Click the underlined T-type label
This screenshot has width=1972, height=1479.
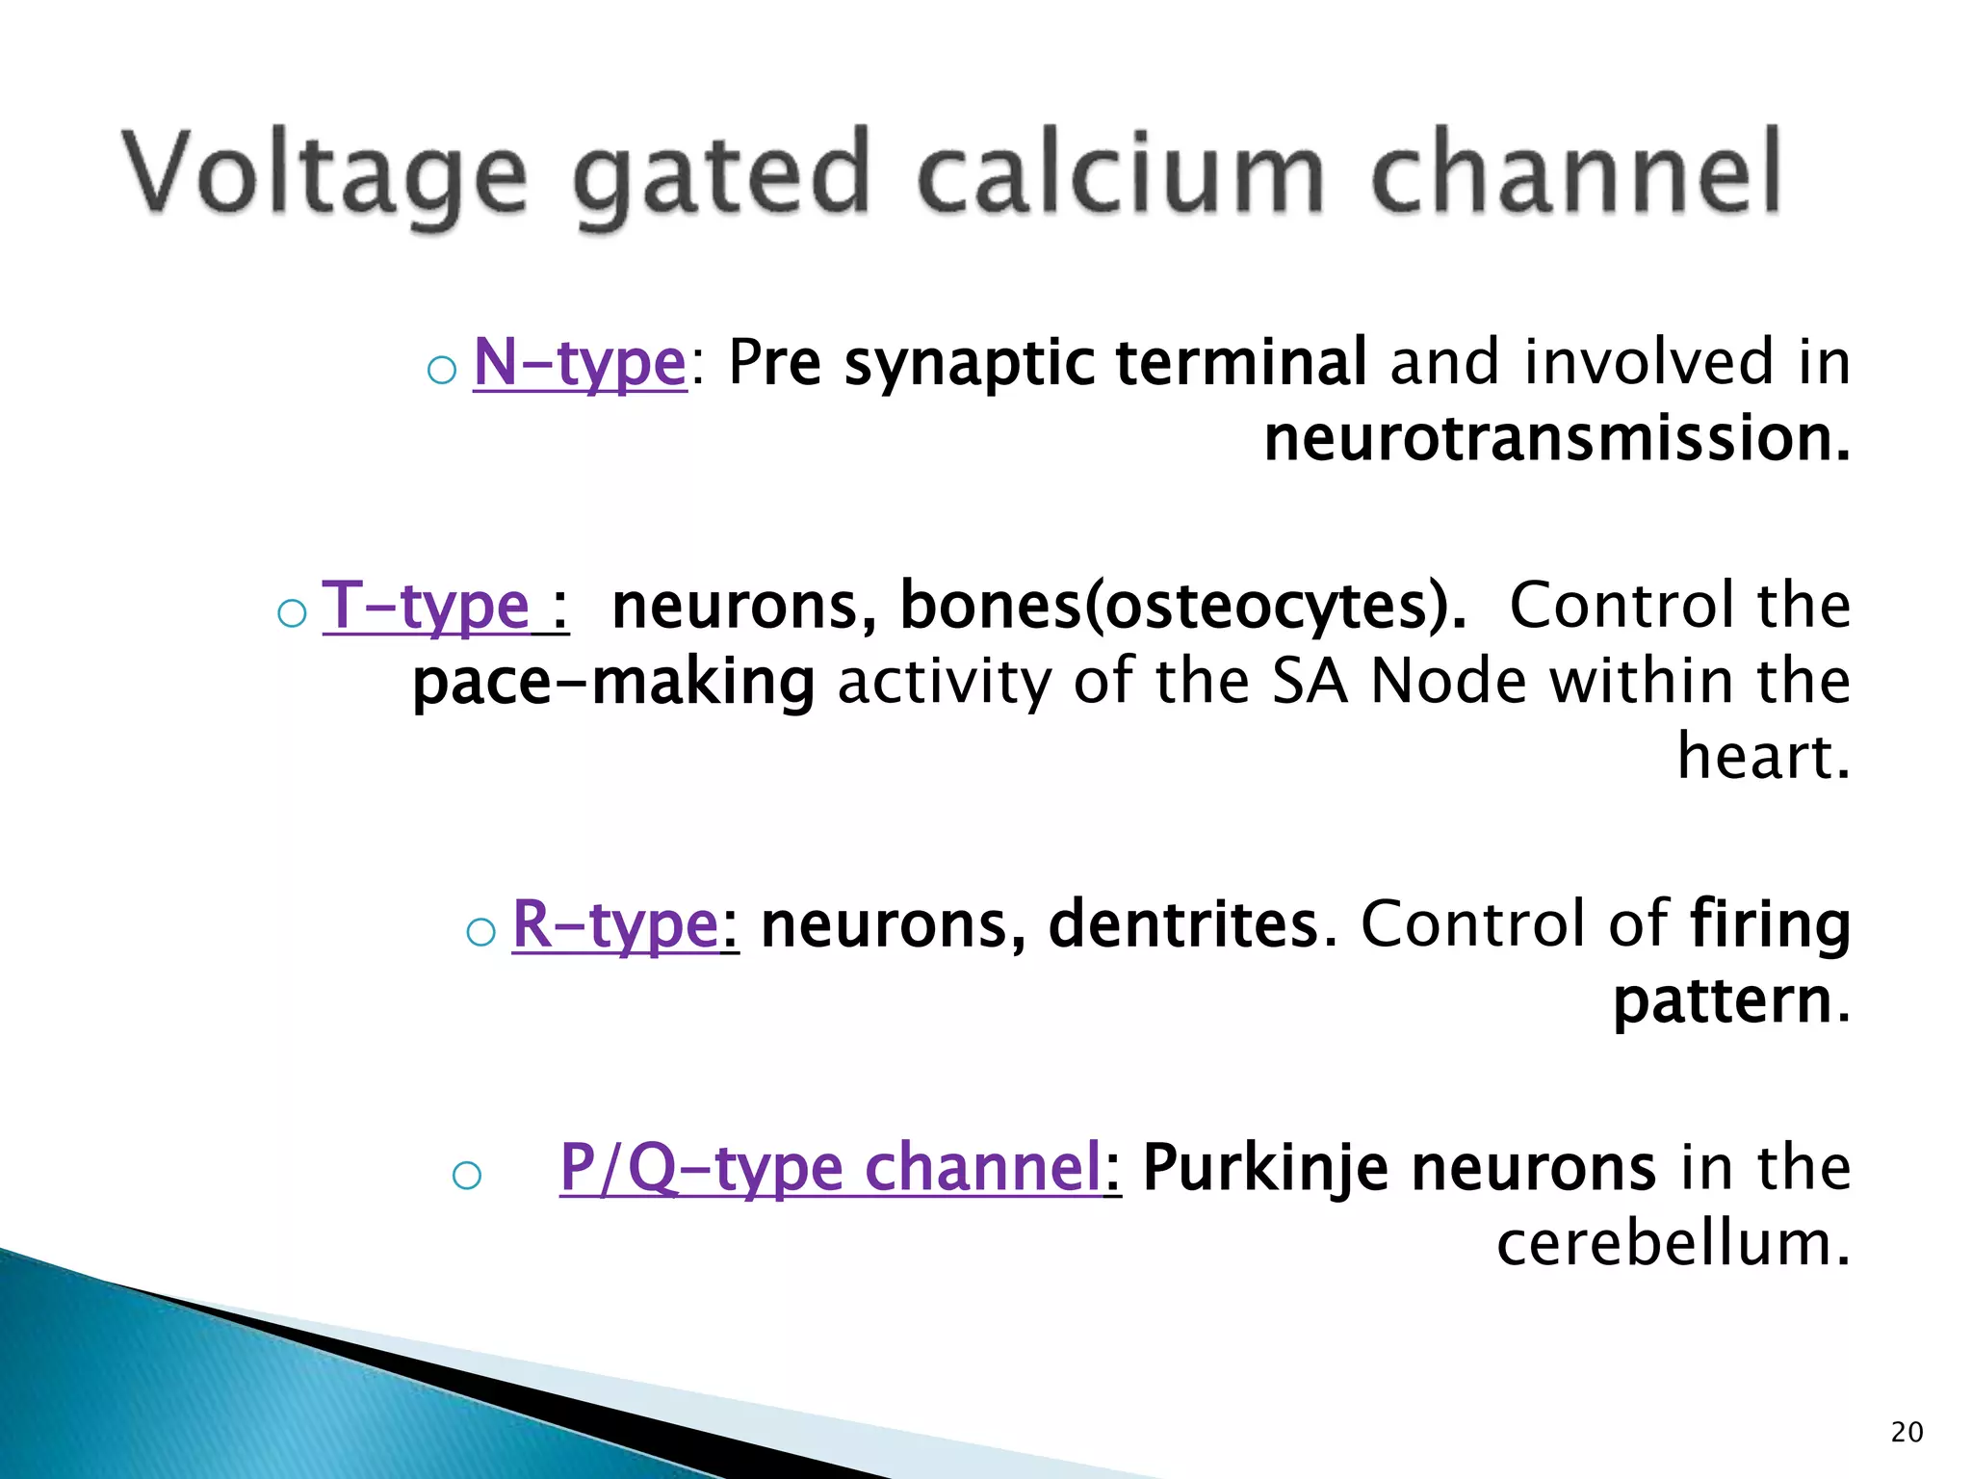pos(426,606)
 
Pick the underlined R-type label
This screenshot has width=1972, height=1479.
pos(615,924)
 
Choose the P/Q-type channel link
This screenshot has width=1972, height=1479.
pos(830,1167)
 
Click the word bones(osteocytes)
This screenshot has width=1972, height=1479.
pos(1182,606)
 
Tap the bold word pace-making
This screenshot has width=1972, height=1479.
pos(613,682)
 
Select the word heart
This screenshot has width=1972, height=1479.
pos(1762,757)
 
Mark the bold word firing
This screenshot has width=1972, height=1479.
pos(1770,924)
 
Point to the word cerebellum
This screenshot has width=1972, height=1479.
pos(1674,1243)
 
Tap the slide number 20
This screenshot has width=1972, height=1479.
pos(1907,1433)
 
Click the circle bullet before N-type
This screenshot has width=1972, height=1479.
pos(441,370)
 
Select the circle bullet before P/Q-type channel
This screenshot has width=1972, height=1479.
pos(466,1175)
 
